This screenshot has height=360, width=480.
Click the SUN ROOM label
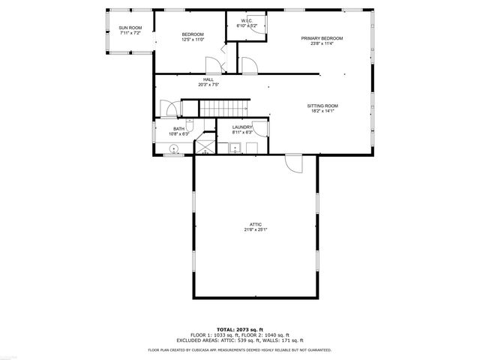130,28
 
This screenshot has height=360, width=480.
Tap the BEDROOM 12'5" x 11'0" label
193,34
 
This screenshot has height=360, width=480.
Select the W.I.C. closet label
246,20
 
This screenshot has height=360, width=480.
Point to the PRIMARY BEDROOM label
322,38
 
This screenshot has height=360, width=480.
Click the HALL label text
208,79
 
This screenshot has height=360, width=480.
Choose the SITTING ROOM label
322,106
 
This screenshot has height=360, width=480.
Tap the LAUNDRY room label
241,127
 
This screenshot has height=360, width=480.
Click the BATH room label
178,128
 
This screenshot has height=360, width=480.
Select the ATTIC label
256,224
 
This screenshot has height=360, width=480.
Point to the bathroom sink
173,149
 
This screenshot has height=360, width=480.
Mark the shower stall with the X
204,145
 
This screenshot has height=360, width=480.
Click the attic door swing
293,162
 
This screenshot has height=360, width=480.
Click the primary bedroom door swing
250,67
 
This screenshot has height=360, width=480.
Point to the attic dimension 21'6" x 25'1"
256,229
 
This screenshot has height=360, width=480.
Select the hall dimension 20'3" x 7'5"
208,85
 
